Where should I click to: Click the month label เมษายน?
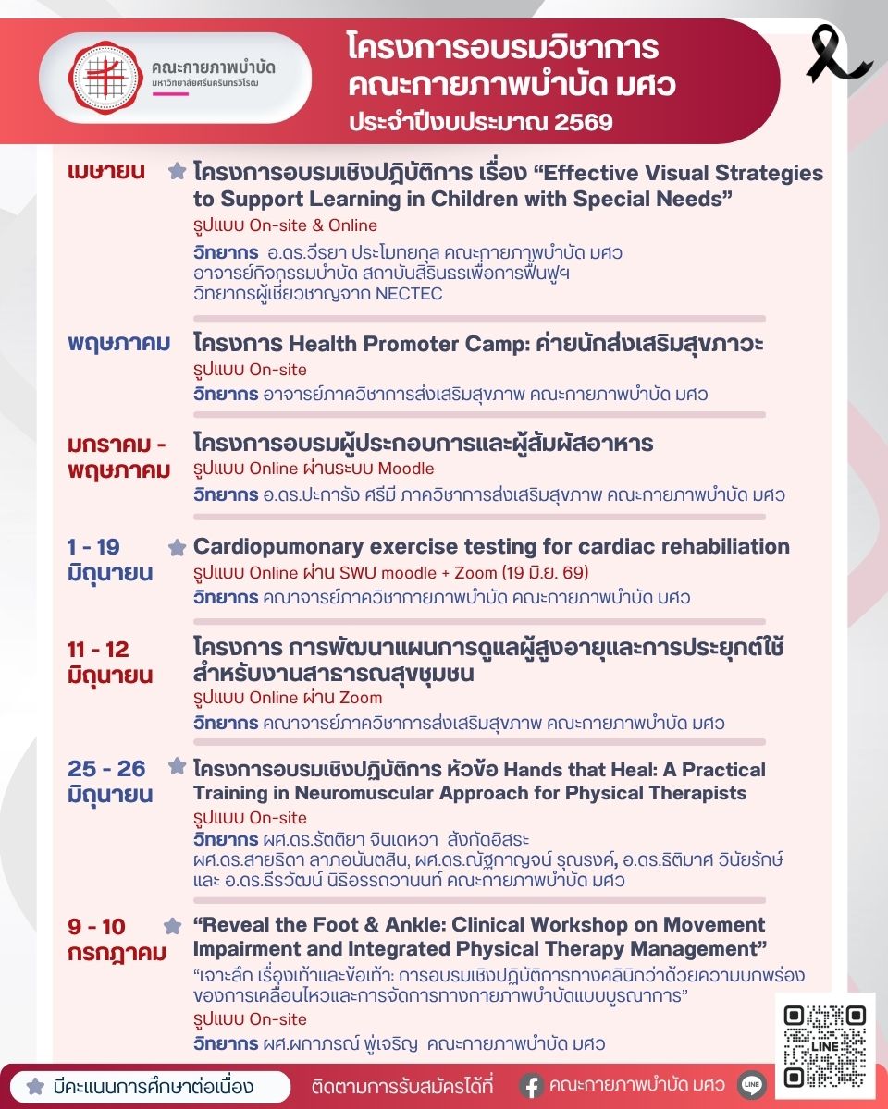point(106,172)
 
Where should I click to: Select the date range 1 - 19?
point(93,546)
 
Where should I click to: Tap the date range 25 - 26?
point(106,769)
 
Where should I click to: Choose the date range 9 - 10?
point(96,926)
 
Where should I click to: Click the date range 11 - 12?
point(98,649)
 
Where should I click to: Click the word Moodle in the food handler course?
point(405,469)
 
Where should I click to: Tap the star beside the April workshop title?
point(177,172)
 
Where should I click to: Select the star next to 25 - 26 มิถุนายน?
point(177,766)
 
